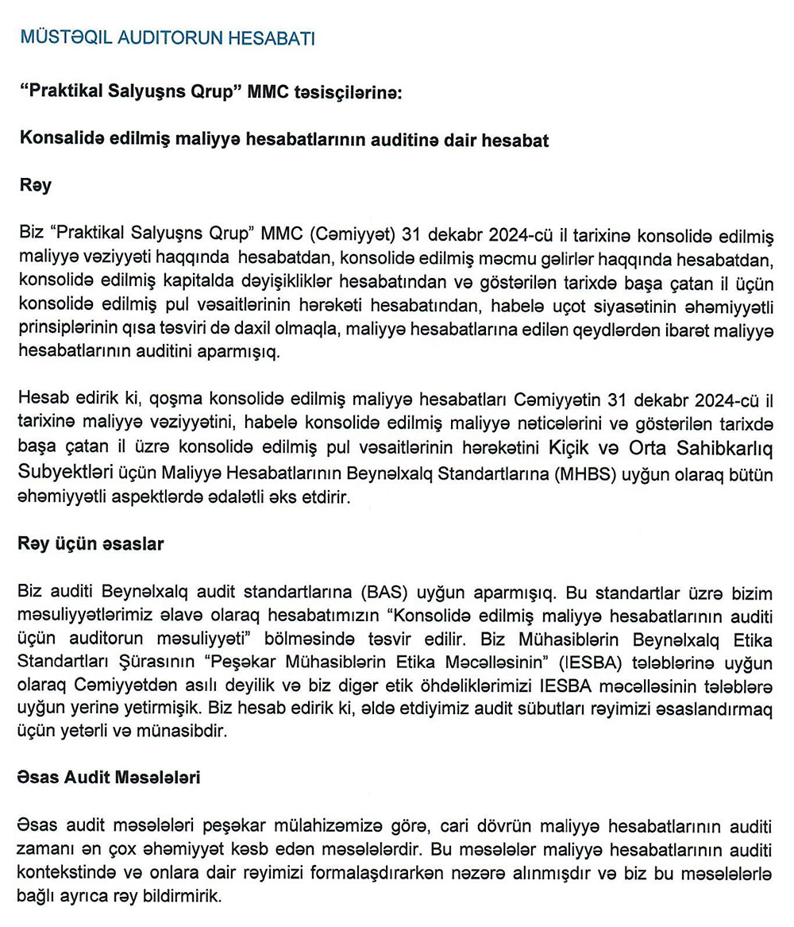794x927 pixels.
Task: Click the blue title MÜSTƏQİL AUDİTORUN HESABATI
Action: click(x=167, y=38)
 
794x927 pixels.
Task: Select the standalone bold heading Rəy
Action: click(x=35, y=186)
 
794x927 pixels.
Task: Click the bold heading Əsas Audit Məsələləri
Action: click(x=108, y=777)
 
